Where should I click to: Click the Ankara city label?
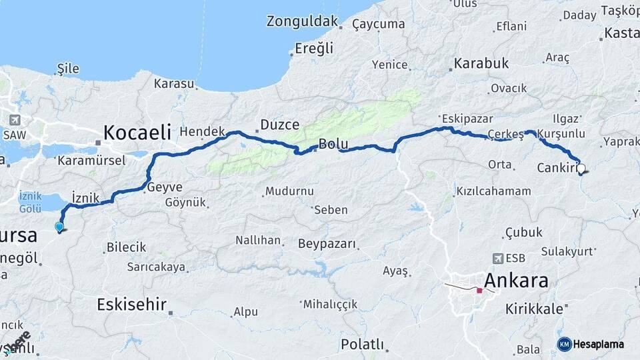point(517,280)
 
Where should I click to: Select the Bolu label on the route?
point(333,144)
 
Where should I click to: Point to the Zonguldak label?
point(302,21)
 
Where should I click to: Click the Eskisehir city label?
point(131,305)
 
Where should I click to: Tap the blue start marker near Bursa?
point(59,227)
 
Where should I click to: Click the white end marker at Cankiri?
point(581,169)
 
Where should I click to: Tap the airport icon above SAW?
point(15,120)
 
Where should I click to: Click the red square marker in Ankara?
point(479,290)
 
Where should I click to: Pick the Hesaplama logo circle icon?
point(564,344)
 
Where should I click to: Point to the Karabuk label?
point(481,64)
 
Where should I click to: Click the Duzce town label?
point(279,124)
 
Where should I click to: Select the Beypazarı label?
point(327,243)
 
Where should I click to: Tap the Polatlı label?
point(362,345)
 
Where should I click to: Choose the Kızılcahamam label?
point(493,191)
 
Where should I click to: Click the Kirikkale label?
point(534,309)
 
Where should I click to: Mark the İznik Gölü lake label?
point(31,202)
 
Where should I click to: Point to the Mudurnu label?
point(289,191)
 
